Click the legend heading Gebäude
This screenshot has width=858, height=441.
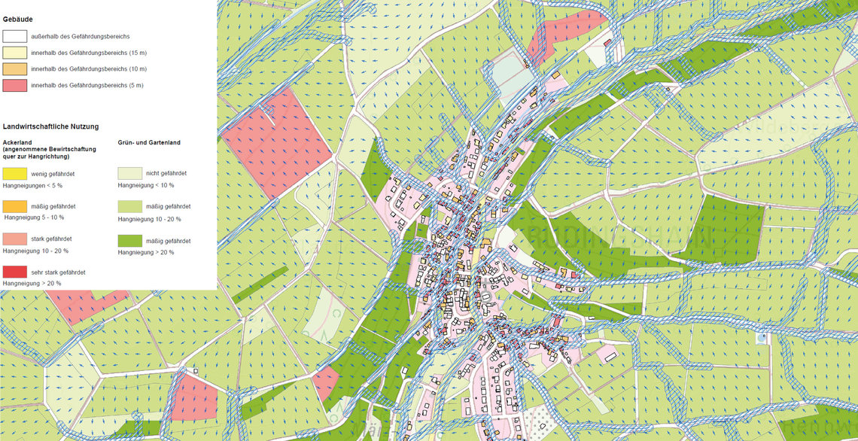point(18,18)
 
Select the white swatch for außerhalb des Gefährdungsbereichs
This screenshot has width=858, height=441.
point(15,36)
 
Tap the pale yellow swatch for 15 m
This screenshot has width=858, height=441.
point(15,53)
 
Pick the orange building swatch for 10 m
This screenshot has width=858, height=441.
point(15,69)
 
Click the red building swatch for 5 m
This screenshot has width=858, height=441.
point(15,86)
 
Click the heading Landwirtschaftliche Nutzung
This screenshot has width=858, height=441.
point(51,127)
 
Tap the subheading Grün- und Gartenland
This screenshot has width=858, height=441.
point(149,141)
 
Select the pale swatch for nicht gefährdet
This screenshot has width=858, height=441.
point(130,173)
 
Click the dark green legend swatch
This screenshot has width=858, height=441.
point(130,240)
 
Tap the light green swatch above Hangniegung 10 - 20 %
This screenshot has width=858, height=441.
point(130,206)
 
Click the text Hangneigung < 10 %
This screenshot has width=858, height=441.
point(146,185)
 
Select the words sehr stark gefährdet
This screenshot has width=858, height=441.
point(58,271)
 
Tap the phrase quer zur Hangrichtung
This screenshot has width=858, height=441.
point(36,157)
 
